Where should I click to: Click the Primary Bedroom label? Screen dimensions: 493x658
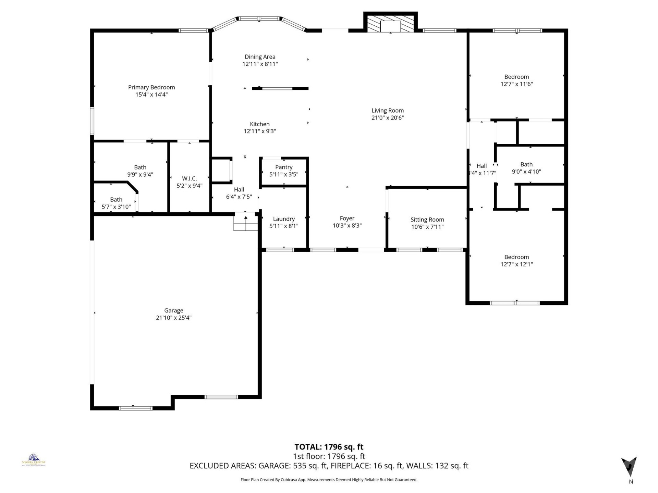tap(151, 87)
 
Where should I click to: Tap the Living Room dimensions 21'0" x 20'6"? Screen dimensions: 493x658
tap(388, 118)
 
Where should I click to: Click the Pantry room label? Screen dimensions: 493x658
tap(284, 167)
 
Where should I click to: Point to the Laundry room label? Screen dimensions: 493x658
tap(284, 219)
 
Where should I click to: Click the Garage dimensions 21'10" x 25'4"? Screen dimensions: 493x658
tap(173, 318)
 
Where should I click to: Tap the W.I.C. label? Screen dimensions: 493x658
tap(189, 178)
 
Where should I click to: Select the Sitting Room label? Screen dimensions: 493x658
tap(427, 219)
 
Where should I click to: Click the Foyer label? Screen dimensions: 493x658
tap(347, 218)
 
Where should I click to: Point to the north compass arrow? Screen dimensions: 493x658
tap(629, 466)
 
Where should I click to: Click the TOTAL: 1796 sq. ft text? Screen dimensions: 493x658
tap(329, 447)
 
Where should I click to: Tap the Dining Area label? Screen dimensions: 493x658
tap(260, 57)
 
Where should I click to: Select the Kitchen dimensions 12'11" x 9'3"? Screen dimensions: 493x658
tap(260, 131)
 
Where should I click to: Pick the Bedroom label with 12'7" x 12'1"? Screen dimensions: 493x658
tap(516, 257)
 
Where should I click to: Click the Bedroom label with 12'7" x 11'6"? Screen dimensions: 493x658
tap(516, 77)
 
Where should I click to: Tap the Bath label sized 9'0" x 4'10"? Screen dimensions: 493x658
tap(526, 164)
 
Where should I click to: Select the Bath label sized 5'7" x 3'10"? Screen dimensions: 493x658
tap(116, 199)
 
